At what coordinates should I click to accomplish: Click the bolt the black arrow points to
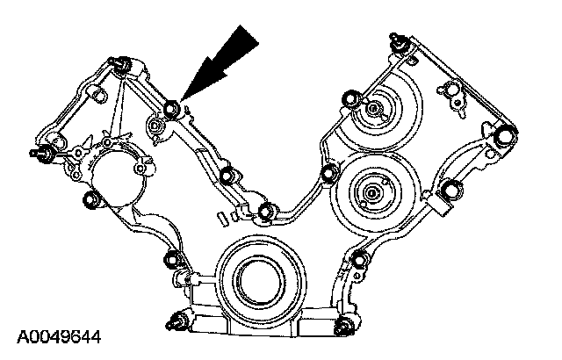[171, 108]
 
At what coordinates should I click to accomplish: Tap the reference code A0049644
[56, 336]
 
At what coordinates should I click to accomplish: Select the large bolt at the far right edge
[506, 138]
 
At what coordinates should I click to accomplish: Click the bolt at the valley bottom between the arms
[266, 210]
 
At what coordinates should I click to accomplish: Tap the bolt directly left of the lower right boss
[330, 171]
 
